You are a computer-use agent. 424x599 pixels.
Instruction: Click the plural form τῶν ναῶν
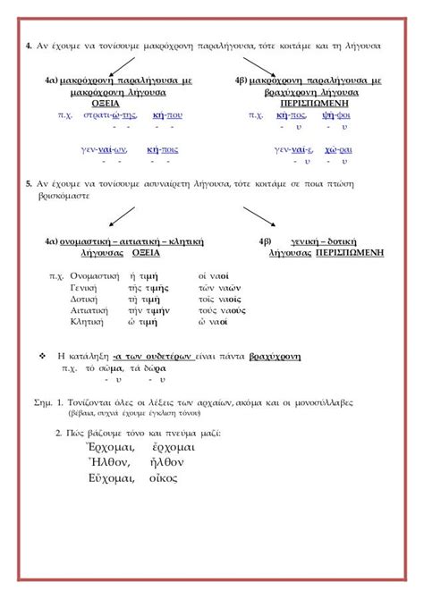tap(220, 288)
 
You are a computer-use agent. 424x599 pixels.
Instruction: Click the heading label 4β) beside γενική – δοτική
tap(265, 242)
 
